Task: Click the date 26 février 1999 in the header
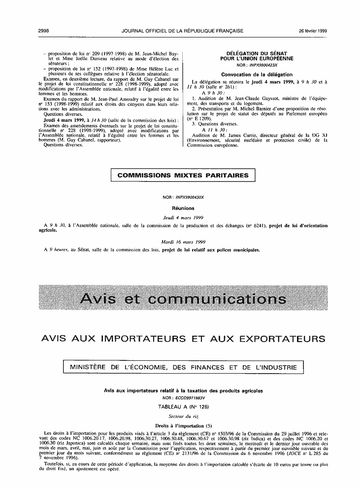(x=313, y=31)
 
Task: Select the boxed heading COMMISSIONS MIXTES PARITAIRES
(x=183, y=175)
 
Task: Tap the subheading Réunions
(x=183, y=209)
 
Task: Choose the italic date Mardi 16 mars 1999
(x=183, y=242)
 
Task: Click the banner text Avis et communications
(x=183, y=299)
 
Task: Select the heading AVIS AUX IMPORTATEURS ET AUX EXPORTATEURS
(x=183, y=339)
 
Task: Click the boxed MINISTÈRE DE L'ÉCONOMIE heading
(x=183, y=367)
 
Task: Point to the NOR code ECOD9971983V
(x=183, y=397)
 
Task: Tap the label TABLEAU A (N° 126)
(x=183, y=407)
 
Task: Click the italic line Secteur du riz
(x=183, y=417)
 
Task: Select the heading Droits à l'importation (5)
(x=183, y=425)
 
